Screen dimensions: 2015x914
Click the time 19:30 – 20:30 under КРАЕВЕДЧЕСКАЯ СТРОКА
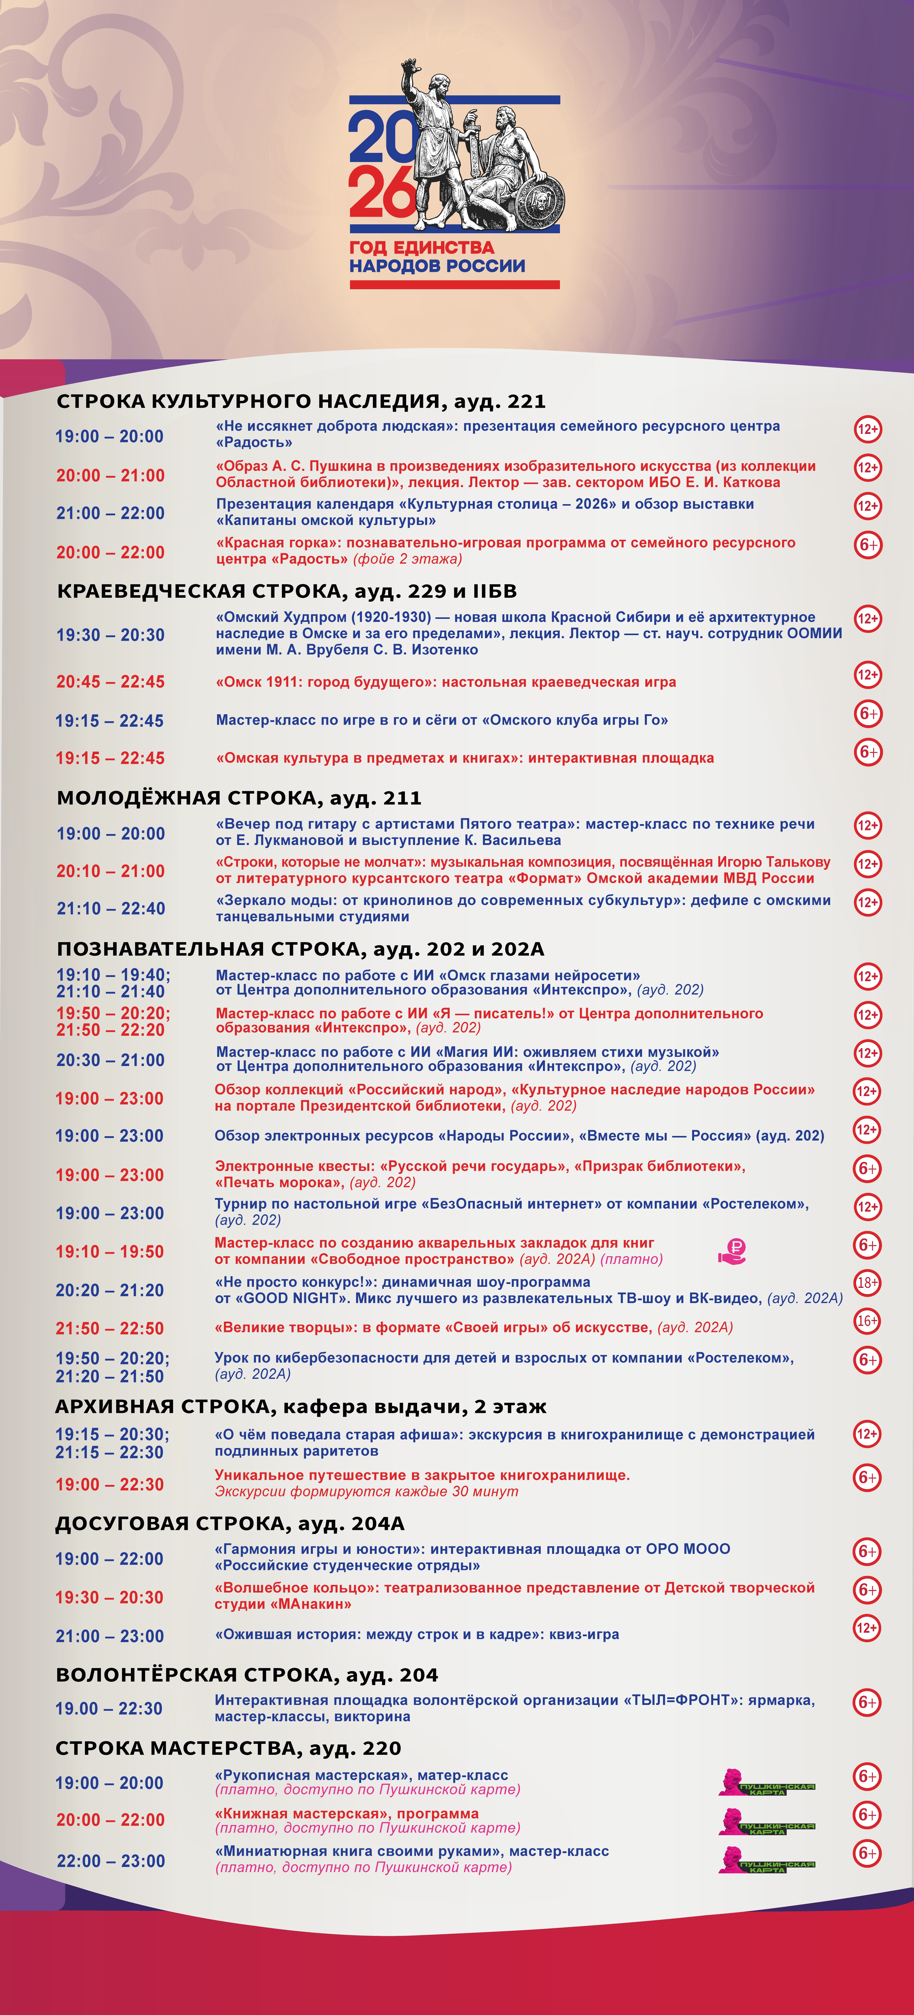coord(110,635)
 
